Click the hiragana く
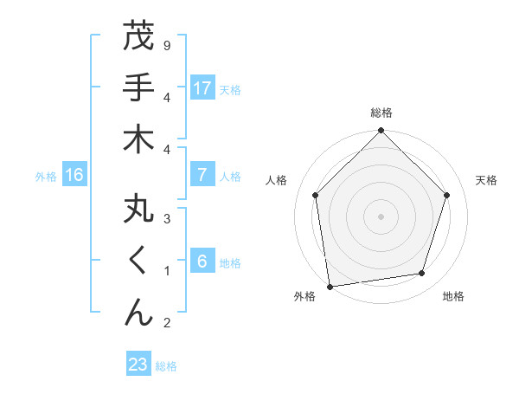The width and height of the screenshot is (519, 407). point(138,261)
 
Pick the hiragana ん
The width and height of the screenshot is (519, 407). point(138,313)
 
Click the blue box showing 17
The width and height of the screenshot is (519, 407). point(202,88)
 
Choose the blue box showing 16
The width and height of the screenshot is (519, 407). point(74,176)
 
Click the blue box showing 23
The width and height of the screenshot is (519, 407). point(138,365)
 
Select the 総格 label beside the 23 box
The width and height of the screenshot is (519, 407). point(166,366)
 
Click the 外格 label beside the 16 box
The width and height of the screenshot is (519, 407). point(46,177)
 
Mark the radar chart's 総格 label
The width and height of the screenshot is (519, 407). point(381,113)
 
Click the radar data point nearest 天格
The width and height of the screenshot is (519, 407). point(447,195)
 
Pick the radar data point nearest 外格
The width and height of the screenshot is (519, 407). point(330,286)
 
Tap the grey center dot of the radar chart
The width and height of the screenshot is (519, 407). point(381,216)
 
